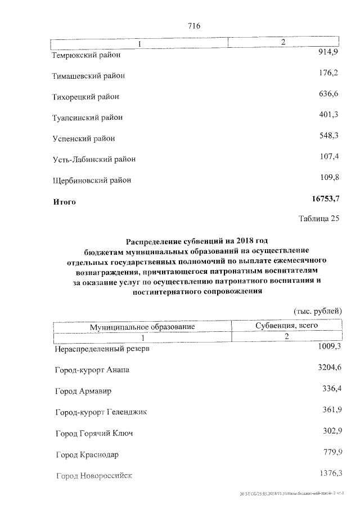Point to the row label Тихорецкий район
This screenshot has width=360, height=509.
[85, 97]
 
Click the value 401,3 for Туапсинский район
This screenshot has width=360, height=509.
[328, 115]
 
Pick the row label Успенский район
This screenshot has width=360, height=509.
[83, 138]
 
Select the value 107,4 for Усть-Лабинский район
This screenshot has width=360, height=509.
[328, 157]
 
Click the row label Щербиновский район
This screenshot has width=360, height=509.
[92, 181]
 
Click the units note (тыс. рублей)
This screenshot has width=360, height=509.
[317, 311]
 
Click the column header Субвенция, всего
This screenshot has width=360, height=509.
[286, 325]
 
